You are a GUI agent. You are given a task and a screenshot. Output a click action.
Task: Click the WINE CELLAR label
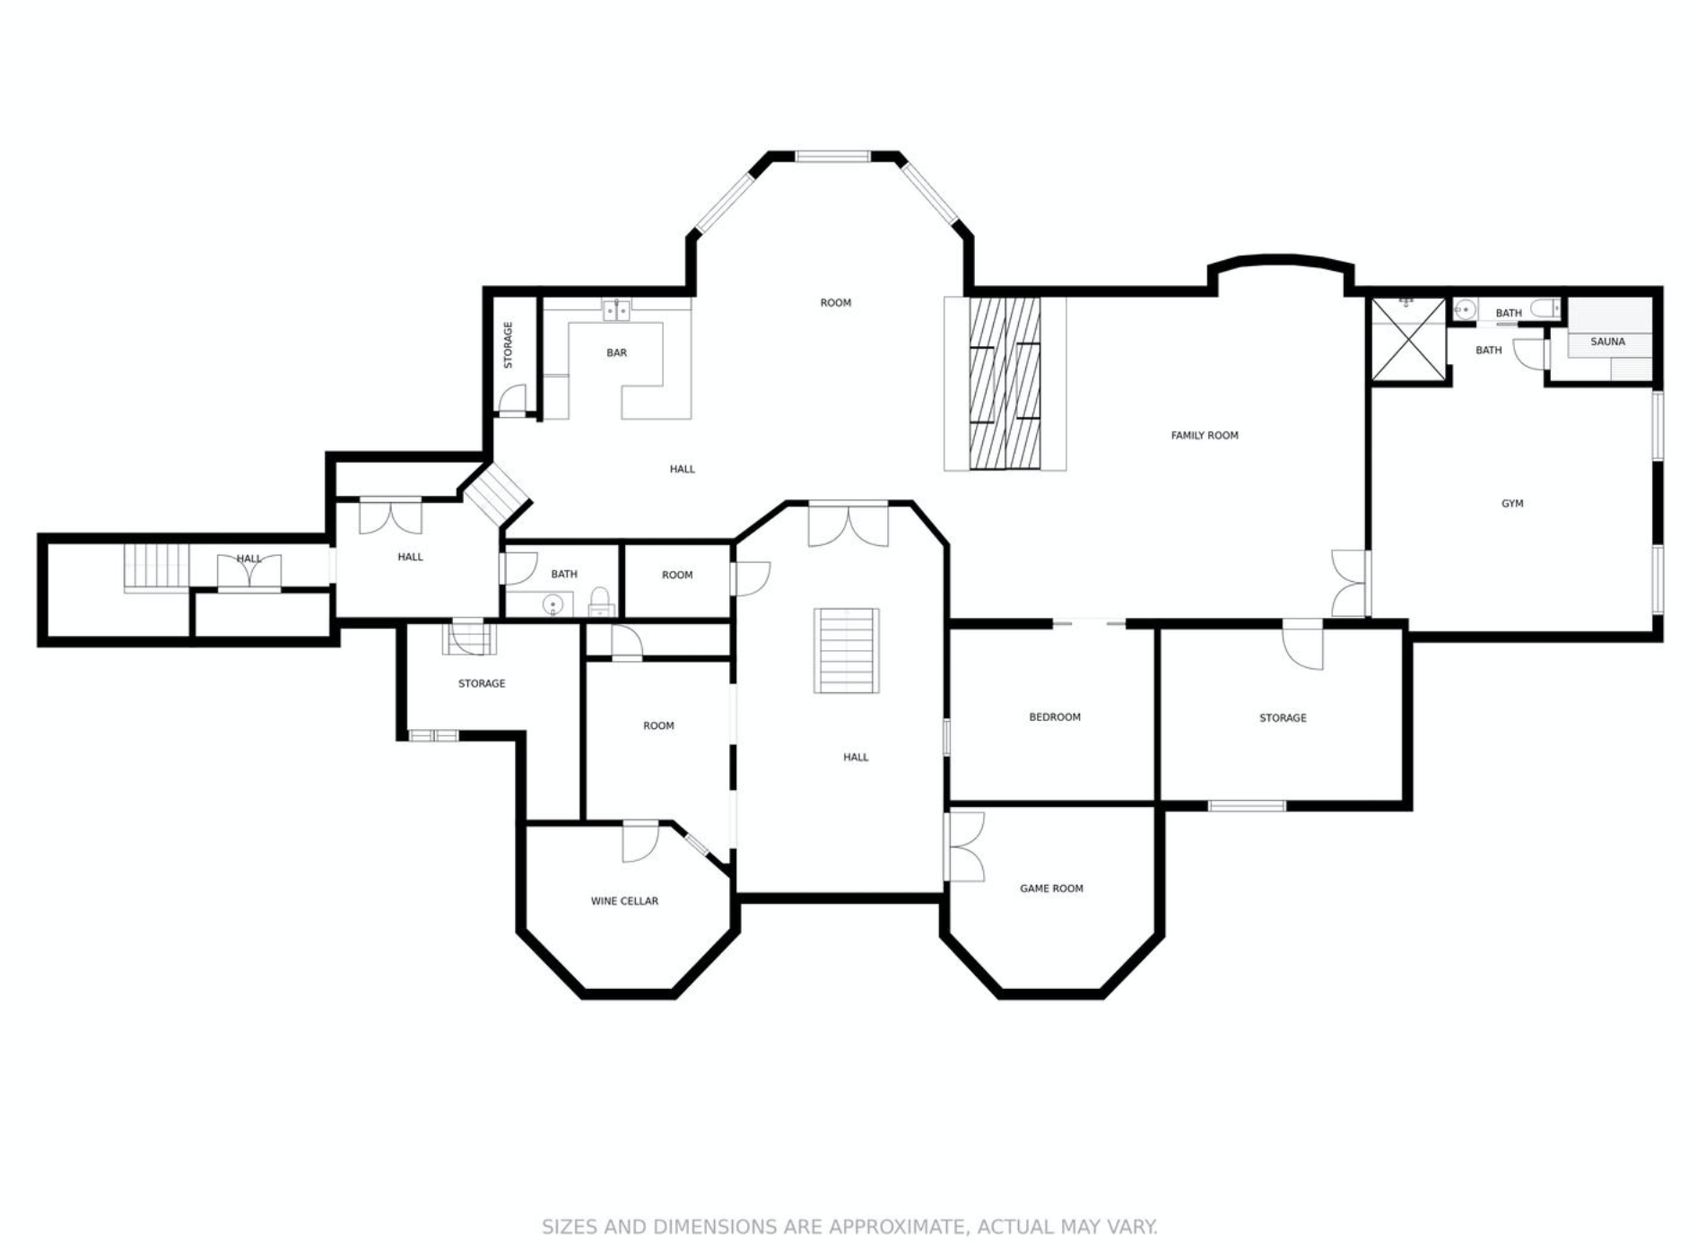pyautogui.click(x=624, y=901)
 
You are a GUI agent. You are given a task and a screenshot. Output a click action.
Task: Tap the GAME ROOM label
pyautogui.click(x=1051, y=889)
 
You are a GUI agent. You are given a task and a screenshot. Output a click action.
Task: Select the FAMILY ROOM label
pyautogui.click(x=1205, y=436)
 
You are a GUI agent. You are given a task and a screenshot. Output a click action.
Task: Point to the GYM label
pyautogui.click(x=1512, y=504)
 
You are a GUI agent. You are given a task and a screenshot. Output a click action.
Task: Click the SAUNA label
pyautogui.click(x=1607, y=342)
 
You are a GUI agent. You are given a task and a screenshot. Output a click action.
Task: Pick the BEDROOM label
pyautogui.click(x=1055, y=717)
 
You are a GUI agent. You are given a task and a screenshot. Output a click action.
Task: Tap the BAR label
pyautogui.click(x=616, y=353)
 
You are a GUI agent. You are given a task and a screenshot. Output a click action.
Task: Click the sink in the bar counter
pyautogui.click(x=616, y=310)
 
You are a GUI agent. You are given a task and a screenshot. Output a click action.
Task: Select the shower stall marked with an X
pyautogui.click(x=1408, y=340)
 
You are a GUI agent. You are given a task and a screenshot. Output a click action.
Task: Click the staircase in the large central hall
pyautogui.click(x=846, y=650)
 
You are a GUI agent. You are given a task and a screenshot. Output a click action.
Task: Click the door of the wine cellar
pyautogui.click(x=640, y=841)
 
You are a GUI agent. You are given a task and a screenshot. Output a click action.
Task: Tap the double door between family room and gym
pyautogui.click(x=1350, y=583)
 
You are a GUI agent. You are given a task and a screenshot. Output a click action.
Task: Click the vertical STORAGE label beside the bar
pyautogui.click(x=509, y=345)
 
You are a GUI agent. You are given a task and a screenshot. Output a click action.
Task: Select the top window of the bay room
pyautogui.click(x=832, y=157)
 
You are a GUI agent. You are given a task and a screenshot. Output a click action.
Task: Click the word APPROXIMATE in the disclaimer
pyautogui.click(x=895, y=1227)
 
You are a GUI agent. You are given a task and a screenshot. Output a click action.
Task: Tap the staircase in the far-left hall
pyautogui.click(x=157, y=567)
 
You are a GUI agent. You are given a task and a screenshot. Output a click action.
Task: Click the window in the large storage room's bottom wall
pyautogui.click(x=1247, y=806)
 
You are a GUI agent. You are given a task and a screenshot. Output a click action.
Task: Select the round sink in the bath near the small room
pyautogui.click(x=553, y=606)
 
